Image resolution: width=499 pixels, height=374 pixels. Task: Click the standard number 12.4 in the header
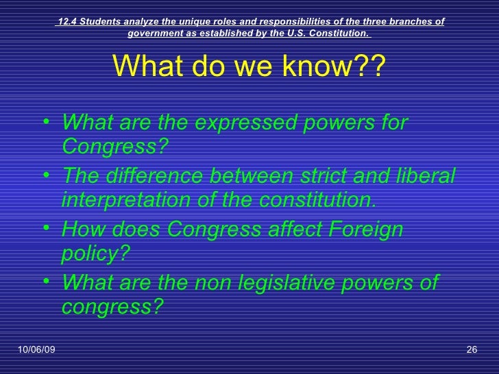(x=66, y=21)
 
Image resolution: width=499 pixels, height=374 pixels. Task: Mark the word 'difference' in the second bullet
(x=151, y=177)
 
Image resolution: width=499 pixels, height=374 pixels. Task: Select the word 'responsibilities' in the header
(x=273, y=21)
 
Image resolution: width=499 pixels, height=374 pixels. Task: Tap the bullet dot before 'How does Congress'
(x=45, y=230)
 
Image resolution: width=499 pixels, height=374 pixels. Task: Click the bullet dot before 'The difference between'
(x=45, y=177)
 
